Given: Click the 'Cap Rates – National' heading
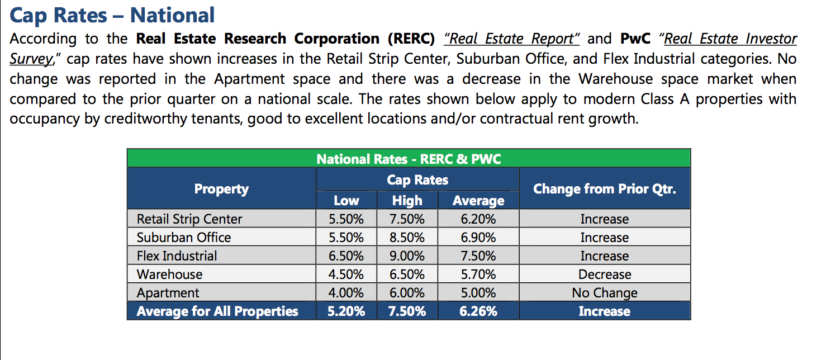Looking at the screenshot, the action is point(112,16).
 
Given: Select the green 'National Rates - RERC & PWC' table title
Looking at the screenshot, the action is point(409,159).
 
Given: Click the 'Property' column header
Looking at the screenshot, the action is point(221,189).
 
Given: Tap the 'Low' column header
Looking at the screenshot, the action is point(346,200).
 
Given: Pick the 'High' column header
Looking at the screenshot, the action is point(407,201).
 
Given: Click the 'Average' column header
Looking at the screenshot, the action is point(478,201).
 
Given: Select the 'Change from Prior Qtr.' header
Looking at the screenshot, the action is point(605,189).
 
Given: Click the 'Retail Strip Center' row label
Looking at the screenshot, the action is point(189,219).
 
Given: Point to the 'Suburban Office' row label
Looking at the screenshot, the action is point(184,238).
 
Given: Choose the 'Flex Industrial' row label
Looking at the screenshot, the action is point(177,256).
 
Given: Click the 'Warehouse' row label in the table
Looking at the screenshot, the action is point(169,274).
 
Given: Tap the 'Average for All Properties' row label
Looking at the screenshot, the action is point(217,311).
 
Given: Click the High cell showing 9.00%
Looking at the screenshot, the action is point(407,256).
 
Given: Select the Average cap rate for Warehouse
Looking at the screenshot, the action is point(478,274).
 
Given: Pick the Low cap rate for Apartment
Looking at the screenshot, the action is point(346,293).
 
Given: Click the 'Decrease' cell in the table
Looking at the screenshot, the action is point(605,274).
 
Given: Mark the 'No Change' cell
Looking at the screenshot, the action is point(605,293).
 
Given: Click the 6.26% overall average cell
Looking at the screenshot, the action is point(478,311).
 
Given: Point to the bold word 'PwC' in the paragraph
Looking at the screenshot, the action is point(635,39).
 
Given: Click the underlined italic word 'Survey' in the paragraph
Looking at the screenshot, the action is point(31,59).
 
